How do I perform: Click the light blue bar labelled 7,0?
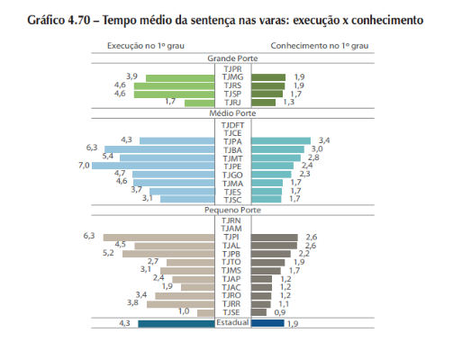(x=153, y=166)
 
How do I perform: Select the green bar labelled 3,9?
(x=180, y=78)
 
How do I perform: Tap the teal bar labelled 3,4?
(x=281, y=140)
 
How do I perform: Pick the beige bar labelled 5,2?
(x=168, y=254)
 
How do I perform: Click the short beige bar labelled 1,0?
(x=206, y=313)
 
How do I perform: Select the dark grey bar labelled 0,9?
(x=258, y=312)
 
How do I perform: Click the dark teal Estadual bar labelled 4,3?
(x=177, y=324)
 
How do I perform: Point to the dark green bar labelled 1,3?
(x=263, y=103)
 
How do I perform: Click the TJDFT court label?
(x=232, y=125)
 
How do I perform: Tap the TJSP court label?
(x=232, y=94)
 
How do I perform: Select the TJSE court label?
(x=231, y=312)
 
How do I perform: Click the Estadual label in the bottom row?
(x=232, y=322)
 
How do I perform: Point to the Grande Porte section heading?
(x=232, y=58)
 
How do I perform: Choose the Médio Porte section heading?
(x=232, y=113)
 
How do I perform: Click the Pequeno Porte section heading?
(x=232, y=210)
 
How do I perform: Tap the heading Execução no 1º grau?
(x=146, y=46)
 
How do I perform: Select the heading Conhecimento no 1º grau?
(x=320, y=46)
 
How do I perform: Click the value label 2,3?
(x=304, y=174)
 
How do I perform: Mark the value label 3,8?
(x=132, y=302)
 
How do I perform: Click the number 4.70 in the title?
(x=79, y=21)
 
